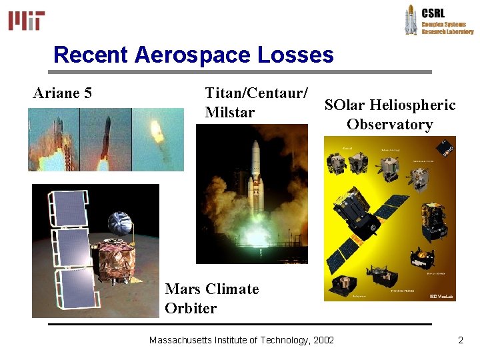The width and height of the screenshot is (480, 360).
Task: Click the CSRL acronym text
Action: [x=433, y=13]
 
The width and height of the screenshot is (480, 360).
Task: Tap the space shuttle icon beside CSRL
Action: [x=411, y=20]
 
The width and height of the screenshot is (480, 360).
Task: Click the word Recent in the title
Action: [x=91, y=55]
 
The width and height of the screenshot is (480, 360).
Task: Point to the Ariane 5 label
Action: [x=63, y=93]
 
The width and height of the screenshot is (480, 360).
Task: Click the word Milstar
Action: [x=230, y=112]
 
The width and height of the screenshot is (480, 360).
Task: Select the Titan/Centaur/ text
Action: [x=257, y=93]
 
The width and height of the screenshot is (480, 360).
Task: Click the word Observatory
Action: [x=389, y=124]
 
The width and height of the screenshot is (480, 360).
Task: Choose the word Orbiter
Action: [x=191, y=308]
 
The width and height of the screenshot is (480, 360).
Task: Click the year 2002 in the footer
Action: [x=323, y=340]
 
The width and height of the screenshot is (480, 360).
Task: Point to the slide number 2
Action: [x=460, y=340]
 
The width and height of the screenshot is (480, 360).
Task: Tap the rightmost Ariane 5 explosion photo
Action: [x=157, y=139]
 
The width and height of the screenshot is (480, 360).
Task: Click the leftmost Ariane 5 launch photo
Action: [x=53, y=139]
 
